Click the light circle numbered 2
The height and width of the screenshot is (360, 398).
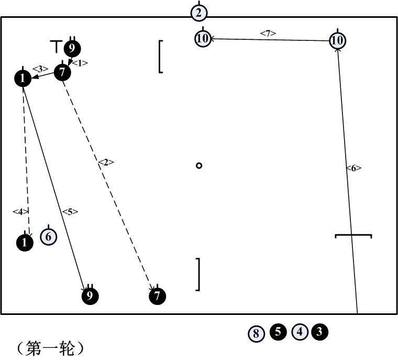[198, 13]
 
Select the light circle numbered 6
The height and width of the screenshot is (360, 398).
[48, 237]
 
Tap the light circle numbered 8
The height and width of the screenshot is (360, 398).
[256, 333]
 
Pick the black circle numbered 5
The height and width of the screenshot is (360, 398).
[278, 332]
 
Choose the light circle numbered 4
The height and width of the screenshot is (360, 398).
[300, 332]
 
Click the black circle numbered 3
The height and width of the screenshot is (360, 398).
[319, 332]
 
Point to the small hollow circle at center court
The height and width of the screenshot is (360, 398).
[199, 166]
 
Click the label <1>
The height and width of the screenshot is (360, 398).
[80, 63]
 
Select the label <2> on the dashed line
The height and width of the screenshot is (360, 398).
[106, 162]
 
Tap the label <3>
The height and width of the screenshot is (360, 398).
[40, 69]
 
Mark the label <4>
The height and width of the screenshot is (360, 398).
[20, 211]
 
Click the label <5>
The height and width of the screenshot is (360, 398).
[70, 212]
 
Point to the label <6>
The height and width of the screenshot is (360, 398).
[353, 168]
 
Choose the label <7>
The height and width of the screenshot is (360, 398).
[268, 34]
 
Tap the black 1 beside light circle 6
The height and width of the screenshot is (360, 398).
[25, 242]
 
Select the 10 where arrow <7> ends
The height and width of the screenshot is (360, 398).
[203, 38]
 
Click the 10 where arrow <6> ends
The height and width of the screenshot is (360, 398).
[338, 40]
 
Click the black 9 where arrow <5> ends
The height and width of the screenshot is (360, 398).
[90, 296]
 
